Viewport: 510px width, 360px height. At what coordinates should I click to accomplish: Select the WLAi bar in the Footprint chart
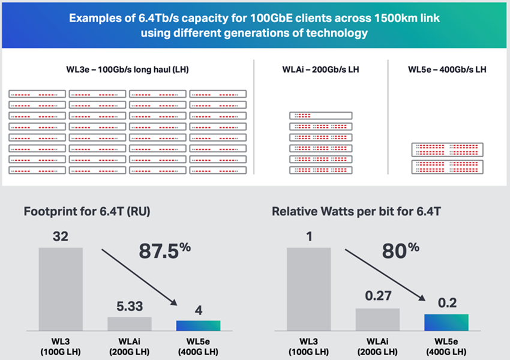point(130,323)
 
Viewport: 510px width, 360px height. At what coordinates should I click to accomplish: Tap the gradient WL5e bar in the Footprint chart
point(198,326)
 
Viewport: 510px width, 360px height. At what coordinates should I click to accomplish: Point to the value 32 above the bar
point(61,236)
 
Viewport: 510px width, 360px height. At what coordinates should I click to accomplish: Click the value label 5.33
point(130,306)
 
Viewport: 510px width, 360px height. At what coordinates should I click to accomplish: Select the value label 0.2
point(446,302)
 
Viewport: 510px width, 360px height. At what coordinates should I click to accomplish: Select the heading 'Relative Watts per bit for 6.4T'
point(348,211)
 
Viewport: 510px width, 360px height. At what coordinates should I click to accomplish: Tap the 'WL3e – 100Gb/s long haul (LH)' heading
point(127,70)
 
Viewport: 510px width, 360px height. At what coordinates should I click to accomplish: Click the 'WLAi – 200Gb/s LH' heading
point(321,70)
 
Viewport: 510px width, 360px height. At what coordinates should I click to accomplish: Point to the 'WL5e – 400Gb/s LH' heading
point(447,70)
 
